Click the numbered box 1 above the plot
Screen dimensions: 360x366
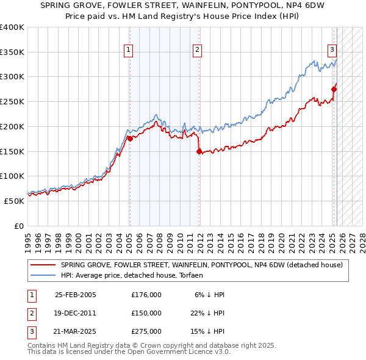click(x=129, y=51)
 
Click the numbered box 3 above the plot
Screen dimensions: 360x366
click(x=332, y=51)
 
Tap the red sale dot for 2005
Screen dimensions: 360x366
click(x=130, y=139)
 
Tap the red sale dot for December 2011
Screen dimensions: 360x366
click(x=199, y=151)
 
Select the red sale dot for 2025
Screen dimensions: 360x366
click(x=334, y=89)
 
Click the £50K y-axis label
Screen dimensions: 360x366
click(x=14, y=201)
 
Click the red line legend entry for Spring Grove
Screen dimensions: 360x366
click(x=202, y=265)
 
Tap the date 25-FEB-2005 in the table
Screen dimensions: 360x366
click(x=75, y=295)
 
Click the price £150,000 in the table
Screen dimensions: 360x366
click(x=146, y=313)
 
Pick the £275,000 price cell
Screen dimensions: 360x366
click(x=146, y=331)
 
